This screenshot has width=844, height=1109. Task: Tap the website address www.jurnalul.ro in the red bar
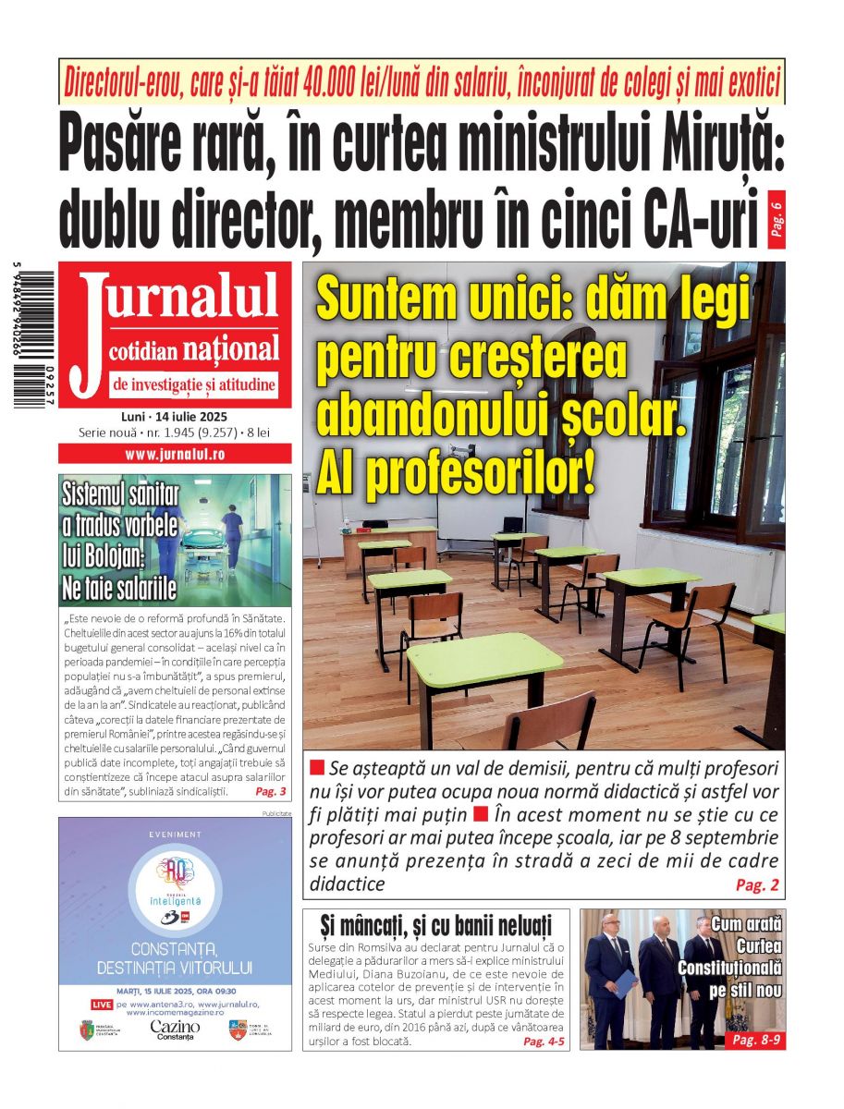click(175, 454)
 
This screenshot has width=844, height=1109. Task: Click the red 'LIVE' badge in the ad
click(102, 1004)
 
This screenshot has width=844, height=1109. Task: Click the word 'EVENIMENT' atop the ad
click(175, 835)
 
